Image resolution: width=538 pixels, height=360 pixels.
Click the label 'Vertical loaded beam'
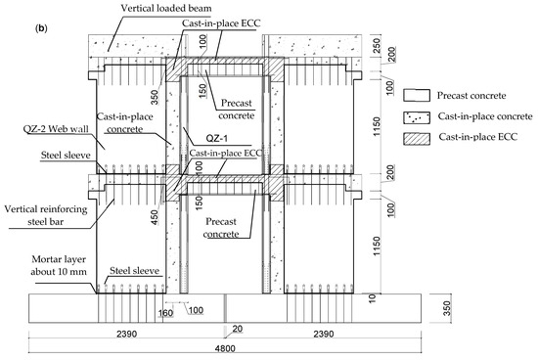click(x=166, y=8)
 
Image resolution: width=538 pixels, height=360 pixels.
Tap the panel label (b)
click(x=41, y=28)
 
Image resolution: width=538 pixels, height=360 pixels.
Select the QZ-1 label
click(x=216, y=138)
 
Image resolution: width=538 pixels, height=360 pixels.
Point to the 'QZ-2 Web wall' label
click(x=56, y=129)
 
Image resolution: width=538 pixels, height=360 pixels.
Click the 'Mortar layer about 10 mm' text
click(x=59, y=266)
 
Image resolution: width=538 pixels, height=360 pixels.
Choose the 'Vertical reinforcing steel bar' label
click(x=46, y=215)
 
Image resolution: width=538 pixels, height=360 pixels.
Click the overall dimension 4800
click(x=225, y=348)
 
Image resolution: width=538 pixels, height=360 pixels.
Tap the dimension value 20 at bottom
click(x=237, y=329)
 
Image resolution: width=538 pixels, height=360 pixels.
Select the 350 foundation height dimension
click(x=447, y=309)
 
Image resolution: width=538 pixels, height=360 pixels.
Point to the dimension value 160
click(x=165, y=313)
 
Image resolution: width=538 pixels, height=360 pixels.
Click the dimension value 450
click(x=155, y=217)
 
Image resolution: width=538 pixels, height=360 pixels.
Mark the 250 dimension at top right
click(x=377, y=46)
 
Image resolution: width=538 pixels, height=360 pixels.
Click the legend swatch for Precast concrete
click(x=417, y=96)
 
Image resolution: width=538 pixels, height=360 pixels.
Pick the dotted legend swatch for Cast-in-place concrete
click(x=417, y=117)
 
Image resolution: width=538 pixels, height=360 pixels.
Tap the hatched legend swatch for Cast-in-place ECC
click(x=417, y=139)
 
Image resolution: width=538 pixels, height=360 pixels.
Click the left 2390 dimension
click(x=126, y=334)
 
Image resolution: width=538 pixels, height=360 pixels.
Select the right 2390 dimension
click(x=323, y=334)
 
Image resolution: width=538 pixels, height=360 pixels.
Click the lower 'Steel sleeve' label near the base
click(x=135, y=271)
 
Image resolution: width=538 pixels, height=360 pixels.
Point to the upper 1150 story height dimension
click(x=377, y=126)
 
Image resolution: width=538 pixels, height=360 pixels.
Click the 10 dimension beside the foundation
click(x=373, y=297)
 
